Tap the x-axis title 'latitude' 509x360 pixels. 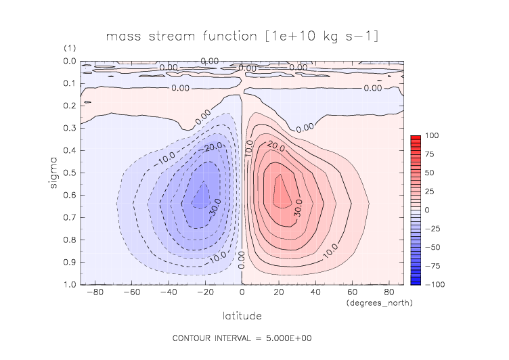coord(242,315)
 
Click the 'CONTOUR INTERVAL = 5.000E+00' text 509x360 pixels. coord(242,338)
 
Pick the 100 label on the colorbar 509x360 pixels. coord(431,137)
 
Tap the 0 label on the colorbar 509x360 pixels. coord(427,210)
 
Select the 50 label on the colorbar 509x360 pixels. coord(429,173)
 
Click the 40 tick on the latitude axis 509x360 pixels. coord(315,293)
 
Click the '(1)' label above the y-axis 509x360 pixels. coord(69,49)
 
